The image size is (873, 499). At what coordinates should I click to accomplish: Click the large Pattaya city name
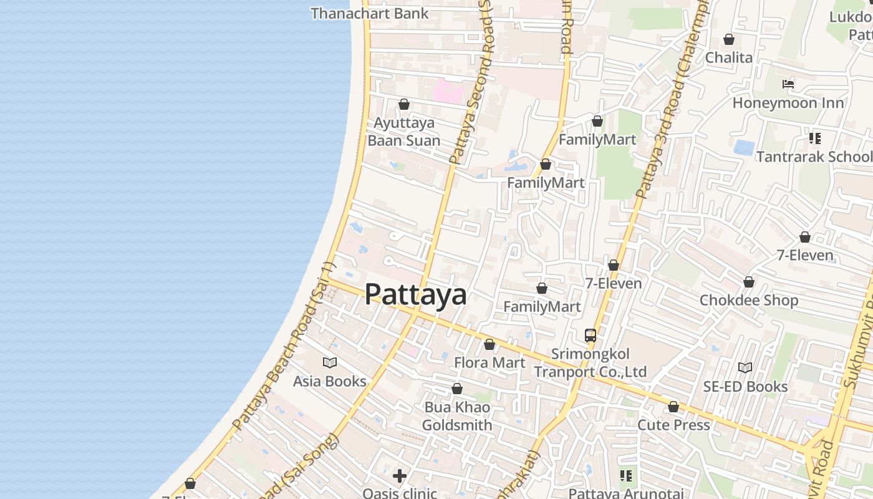415,294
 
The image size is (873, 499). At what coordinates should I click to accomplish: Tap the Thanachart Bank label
369,13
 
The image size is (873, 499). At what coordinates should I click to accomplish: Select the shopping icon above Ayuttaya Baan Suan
404,104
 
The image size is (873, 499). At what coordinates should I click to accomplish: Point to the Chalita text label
728,57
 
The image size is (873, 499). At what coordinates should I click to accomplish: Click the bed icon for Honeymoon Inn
788,84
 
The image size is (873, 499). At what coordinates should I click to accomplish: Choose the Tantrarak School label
814,156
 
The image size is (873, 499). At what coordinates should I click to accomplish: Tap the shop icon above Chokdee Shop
749,283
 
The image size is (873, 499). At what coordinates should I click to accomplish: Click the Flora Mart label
490,362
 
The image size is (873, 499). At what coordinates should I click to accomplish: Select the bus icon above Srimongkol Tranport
591,336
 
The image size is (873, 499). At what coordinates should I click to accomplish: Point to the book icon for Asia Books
330,362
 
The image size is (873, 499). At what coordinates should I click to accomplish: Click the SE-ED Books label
745,387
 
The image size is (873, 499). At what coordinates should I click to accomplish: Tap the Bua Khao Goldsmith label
457,416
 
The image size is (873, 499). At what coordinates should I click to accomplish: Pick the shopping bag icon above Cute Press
673,407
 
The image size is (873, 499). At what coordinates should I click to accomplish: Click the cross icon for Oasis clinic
400,476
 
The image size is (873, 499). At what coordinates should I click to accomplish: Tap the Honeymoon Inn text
788,103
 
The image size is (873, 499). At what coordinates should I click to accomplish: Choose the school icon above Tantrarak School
814,138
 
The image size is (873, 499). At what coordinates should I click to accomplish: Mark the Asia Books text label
330,381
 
